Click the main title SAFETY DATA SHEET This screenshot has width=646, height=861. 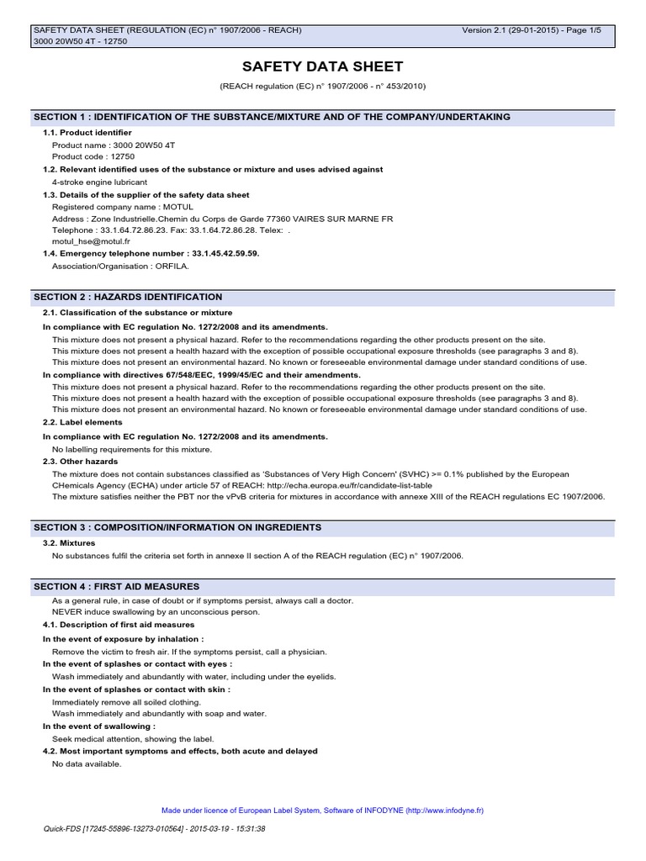323,66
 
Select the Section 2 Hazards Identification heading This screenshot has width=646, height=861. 128,297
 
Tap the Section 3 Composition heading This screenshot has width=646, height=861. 177,527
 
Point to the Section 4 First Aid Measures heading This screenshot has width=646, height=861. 116,586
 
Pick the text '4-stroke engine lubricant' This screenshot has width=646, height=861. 99,182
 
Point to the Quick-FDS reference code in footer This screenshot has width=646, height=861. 154,829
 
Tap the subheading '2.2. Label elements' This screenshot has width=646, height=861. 82,422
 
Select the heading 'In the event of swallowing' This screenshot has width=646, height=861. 98,726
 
